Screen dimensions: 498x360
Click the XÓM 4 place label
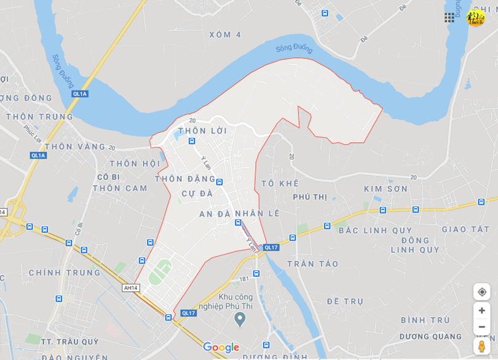[225, 34]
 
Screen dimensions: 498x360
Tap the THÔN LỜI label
[202, 131]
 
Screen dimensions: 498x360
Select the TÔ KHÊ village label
[280, 183]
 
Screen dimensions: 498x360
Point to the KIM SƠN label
[385, 189]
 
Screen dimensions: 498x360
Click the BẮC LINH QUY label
[376, 230]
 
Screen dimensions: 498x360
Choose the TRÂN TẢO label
[313, 264]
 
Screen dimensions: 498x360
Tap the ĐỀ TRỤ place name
[345, 302]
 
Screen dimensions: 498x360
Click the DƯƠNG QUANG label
[430, 337]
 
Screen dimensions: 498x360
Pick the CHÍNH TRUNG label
[65, 273]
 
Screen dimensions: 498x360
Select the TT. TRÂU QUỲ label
[69, 342]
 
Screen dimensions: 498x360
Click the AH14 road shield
[131, 287]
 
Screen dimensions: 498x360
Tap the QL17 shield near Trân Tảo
[271, 247]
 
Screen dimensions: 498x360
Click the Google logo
[221, 348]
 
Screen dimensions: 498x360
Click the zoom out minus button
[482, 327]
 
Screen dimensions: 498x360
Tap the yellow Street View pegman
[482, 346]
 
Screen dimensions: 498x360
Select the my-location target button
[482, 292]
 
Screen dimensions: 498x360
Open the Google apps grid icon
[449, 17]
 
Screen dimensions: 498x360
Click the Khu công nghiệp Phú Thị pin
[240, 319]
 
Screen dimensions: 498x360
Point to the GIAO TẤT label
[465, 230]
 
